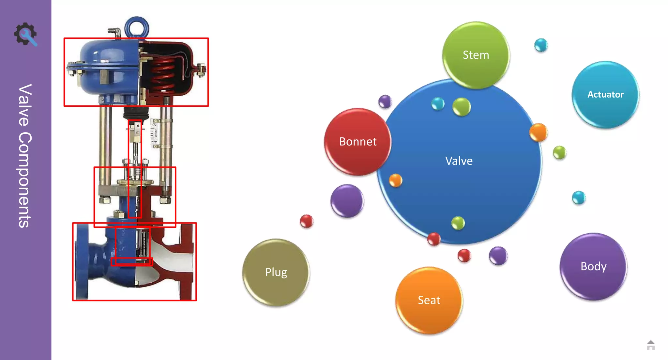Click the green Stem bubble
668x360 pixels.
point(476,55)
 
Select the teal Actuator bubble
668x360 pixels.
point(605,94)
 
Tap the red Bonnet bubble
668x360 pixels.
point(358,142)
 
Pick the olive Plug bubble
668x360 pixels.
point(276,272)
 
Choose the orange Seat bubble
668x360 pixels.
point(429,300)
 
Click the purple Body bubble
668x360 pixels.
point(593,266)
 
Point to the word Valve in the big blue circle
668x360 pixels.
point(459,161)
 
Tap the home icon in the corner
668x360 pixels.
point(650,345)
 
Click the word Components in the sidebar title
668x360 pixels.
point(25,180)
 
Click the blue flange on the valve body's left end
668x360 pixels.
point(82,261)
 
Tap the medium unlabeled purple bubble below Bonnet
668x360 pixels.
point(347,201)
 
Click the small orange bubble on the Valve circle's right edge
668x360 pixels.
point(538,132)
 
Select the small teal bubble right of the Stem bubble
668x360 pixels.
point(541,45)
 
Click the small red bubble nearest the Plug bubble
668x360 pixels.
point(306,221)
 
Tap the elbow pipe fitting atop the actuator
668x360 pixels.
point(114,32)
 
